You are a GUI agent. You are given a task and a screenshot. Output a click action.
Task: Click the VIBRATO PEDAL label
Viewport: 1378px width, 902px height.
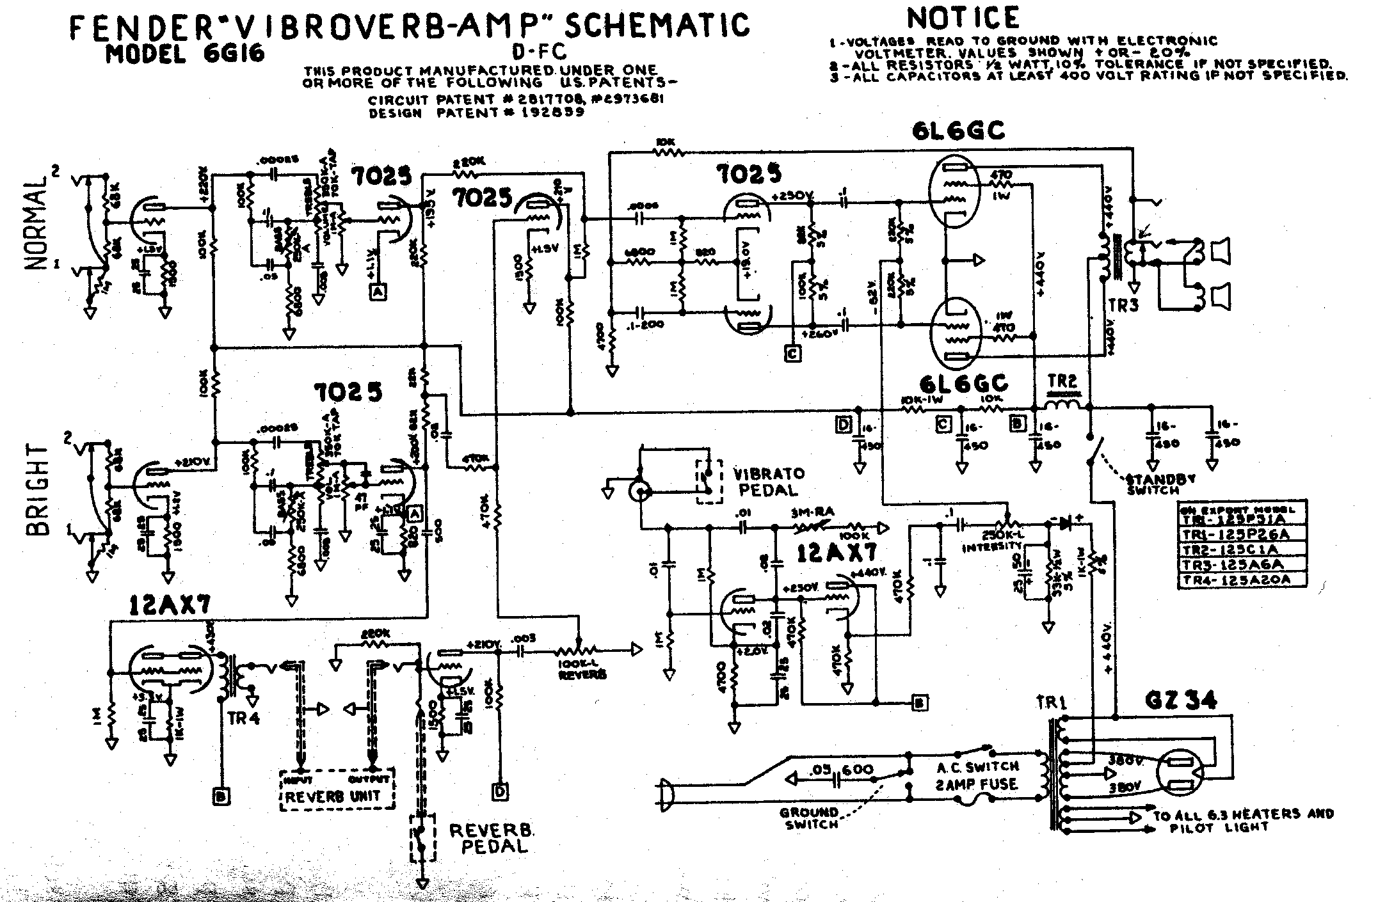click(768, 482)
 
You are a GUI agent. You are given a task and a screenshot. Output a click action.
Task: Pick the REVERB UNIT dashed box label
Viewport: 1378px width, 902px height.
click(333, 797)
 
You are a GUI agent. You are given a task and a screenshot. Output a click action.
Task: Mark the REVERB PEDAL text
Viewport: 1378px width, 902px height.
click(492, 838)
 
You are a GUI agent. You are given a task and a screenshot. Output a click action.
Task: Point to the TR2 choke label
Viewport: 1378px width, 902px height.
click(1062, 382)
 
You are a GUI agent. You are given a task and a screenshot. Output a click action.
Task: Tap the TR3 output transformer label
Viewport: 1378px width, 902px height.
click(1124, 305)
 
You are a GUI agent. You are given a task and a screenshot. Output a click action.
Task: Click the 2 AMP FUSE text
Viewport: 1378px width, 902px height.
click(976, 784)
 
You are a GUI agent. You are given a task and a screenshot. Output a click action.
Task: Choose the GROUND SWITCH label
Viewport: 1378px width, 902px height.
click(808, 819)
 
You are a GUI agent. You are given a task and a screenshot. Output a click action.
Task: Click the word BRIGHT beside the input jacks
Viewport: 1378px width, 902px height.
click(38, 489)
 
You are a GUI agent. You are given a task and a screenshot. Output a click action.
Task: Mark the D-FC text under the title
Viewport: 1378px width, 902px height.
click(540, 51)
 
